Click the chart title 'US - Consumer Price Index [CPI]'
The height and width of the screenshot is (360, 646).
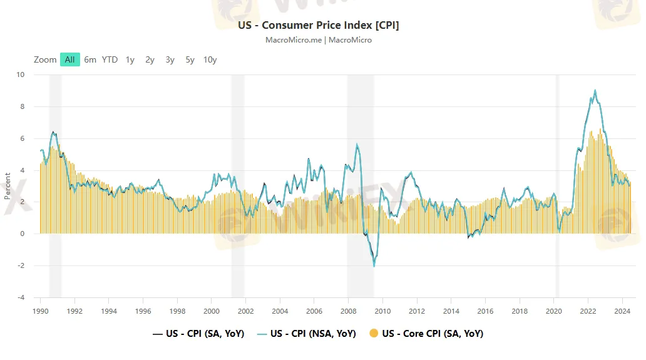pos(318,25)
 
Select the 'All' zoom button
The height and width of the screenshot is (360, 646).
pos(69,59)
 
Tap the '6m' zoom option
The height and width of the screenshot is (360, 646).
pos(90,59)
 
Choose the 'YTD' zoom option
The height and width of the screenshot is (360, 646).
pos(110,59)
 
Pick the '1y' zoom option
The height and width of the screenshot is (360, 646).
pos(130,59)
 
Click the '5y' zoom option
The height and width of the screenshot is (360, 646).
pos(190,59)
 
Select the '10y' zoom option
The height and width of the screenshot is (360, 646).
pos(210,59)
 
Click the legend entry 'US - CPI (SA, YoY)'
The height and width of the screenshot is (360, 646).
pos(198,334)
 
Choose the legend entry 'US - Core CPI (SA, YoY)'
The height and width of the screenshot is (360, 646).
pos(426,334)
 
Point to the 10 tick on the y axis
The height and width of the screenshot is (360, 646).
pos(21,75)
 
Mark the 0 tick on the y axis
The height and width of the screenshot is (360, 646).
pos(23,234)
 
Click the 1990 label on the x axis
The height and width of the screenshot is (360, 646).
pos(40,311)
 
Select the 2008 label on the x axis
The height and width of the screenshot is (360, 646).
pos(347,311)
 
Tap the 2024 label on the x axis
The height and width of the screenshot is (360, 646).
pos(622,311)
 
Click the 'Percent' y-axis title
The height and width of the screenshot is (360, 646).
pos(8,186)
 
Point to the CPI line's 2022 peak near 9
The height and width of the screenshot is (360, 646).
pos(595,90)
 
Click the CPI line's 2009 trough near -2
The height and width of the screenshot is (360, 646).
pos(374,267)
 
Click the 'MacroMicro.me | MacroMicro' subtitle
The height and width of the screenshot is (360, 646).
pos(318,40)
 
